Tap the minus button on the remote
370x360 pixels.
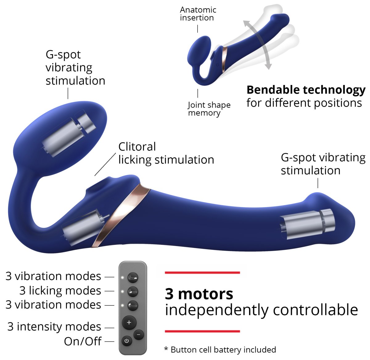point(139,335)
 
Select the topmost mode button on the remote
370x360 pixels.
point(133,277)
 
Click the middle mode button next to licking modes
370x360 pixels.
point(133,291)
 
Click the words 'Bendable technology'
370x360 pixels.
point(306,90)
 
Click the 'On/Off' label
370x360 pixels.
point(83,342)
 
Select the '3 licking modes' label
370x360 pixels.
point(60,290)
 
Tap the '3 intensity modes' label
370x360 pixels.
point(54,326)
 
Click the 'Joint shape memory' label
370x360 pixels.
point(209,109)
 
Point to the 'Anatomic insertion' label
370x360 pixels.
point(198,14)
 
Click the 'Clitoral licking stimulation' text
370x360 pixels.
point(166,153)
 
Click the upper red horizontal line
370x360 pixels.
point(202,273)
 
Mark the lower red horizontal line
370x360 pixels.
point(202,331)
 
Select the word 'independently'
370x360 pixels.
point(216,310)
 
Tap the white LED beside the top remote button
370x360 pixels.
point(122,277)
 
